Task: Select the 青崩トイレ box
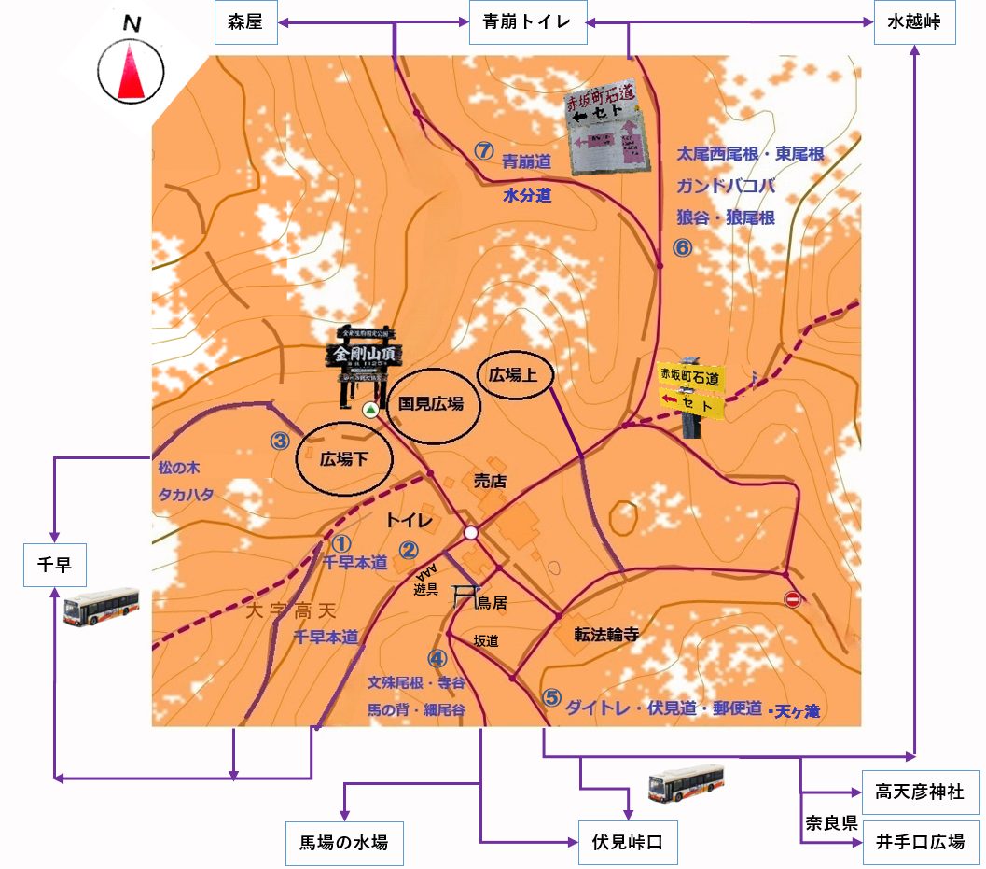click(527, 23)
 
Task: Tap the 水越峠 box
click(915, 23)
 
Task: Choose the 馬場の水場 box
click(344, 844)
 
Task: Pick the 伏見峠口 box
click(627, 844)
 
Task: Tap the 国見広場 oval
click(431, 405)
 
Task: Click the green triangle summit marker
click(370, 410)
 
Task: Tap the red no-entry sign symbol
click(793, 599)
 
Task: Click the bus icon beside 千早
click(101, 607)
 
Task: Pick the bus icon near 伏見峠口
click(686, 784)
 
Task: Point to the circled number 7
click(483, 149)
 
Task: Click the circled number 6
click(682, 248)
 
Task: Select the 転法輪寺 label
click(606, 635)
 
